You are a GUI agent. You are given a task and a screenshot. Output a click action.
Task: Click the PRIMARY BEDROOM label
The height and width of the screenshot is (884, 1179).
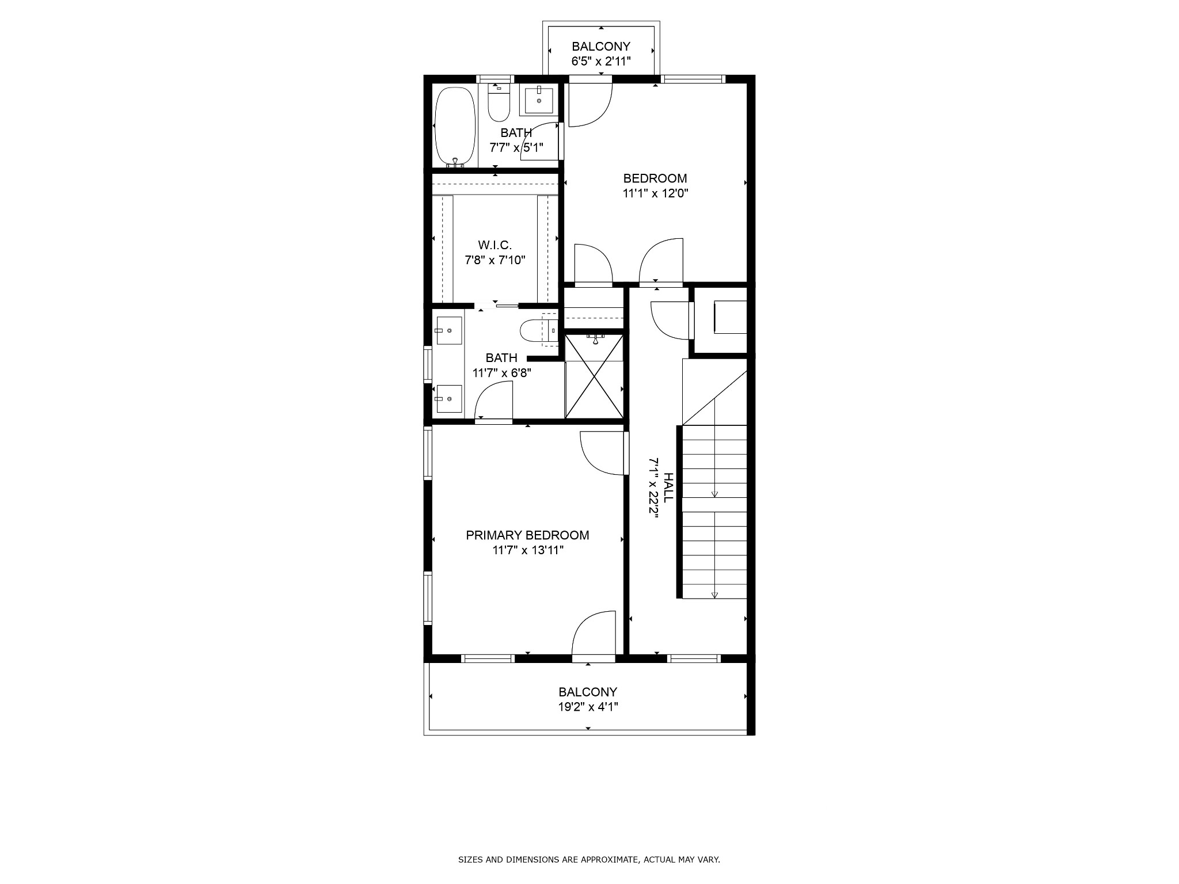pos(527,535)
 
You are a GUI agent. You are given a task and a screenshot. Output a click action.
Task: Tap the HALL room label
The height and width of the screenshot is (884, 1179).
pos(668,487)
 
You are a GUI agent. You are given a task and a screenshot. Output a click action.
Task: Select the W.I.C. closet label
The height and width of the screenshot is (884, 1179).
pos(495,245)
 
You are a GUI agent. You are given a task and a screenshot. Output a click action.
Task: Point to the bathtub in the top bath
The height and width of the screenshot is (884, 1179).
pos(455,127)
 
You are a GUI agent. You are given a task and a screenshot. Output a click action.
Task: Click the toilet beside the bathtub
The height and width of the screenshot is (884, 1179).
pos(499,104)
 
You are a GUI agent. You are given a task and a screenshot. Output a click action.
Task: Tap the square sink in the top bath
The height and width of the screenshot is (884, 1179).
pos(539,101)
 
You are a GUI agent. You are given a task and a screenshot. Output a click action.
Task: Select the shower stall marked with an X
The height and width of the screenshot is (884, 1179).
pos(594,376)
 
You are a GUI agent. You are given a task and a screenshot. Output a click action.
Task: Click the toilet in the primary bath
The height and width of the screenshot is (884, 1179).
pos(539,330)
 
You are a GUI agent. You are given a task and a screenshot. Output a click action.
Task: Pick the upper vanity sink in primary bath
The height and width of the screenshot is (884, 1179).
pos(449,330)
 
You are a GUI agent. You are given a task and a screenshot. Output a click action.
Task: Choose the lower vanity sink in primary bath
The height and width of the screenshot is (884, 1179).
pos(449,399)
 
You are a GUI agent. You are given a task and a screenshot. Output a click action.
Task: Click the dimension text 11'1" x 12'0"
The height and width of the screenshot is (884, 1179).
pos(655,193)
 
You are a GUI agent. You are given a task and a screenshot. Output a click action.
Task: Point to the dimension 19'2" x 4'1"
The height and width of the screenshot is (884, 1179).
pos(588,707)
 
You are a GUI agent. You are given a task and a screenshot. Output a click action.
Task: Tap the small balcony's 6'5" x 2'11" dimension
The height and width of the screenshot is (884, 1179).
pos(601,61)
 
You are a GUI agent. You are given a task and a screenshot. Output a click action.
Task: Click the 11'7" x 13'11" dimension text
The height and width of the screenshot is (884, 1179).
pos(527,550)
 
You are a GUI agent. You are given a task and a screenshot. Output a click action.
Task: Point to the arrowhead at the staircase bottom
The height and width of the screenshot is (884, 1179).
pos(714,595)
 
